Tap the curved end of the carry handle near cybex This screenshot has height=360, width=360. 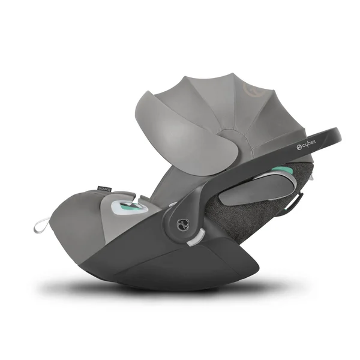[x=333, y=135]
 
